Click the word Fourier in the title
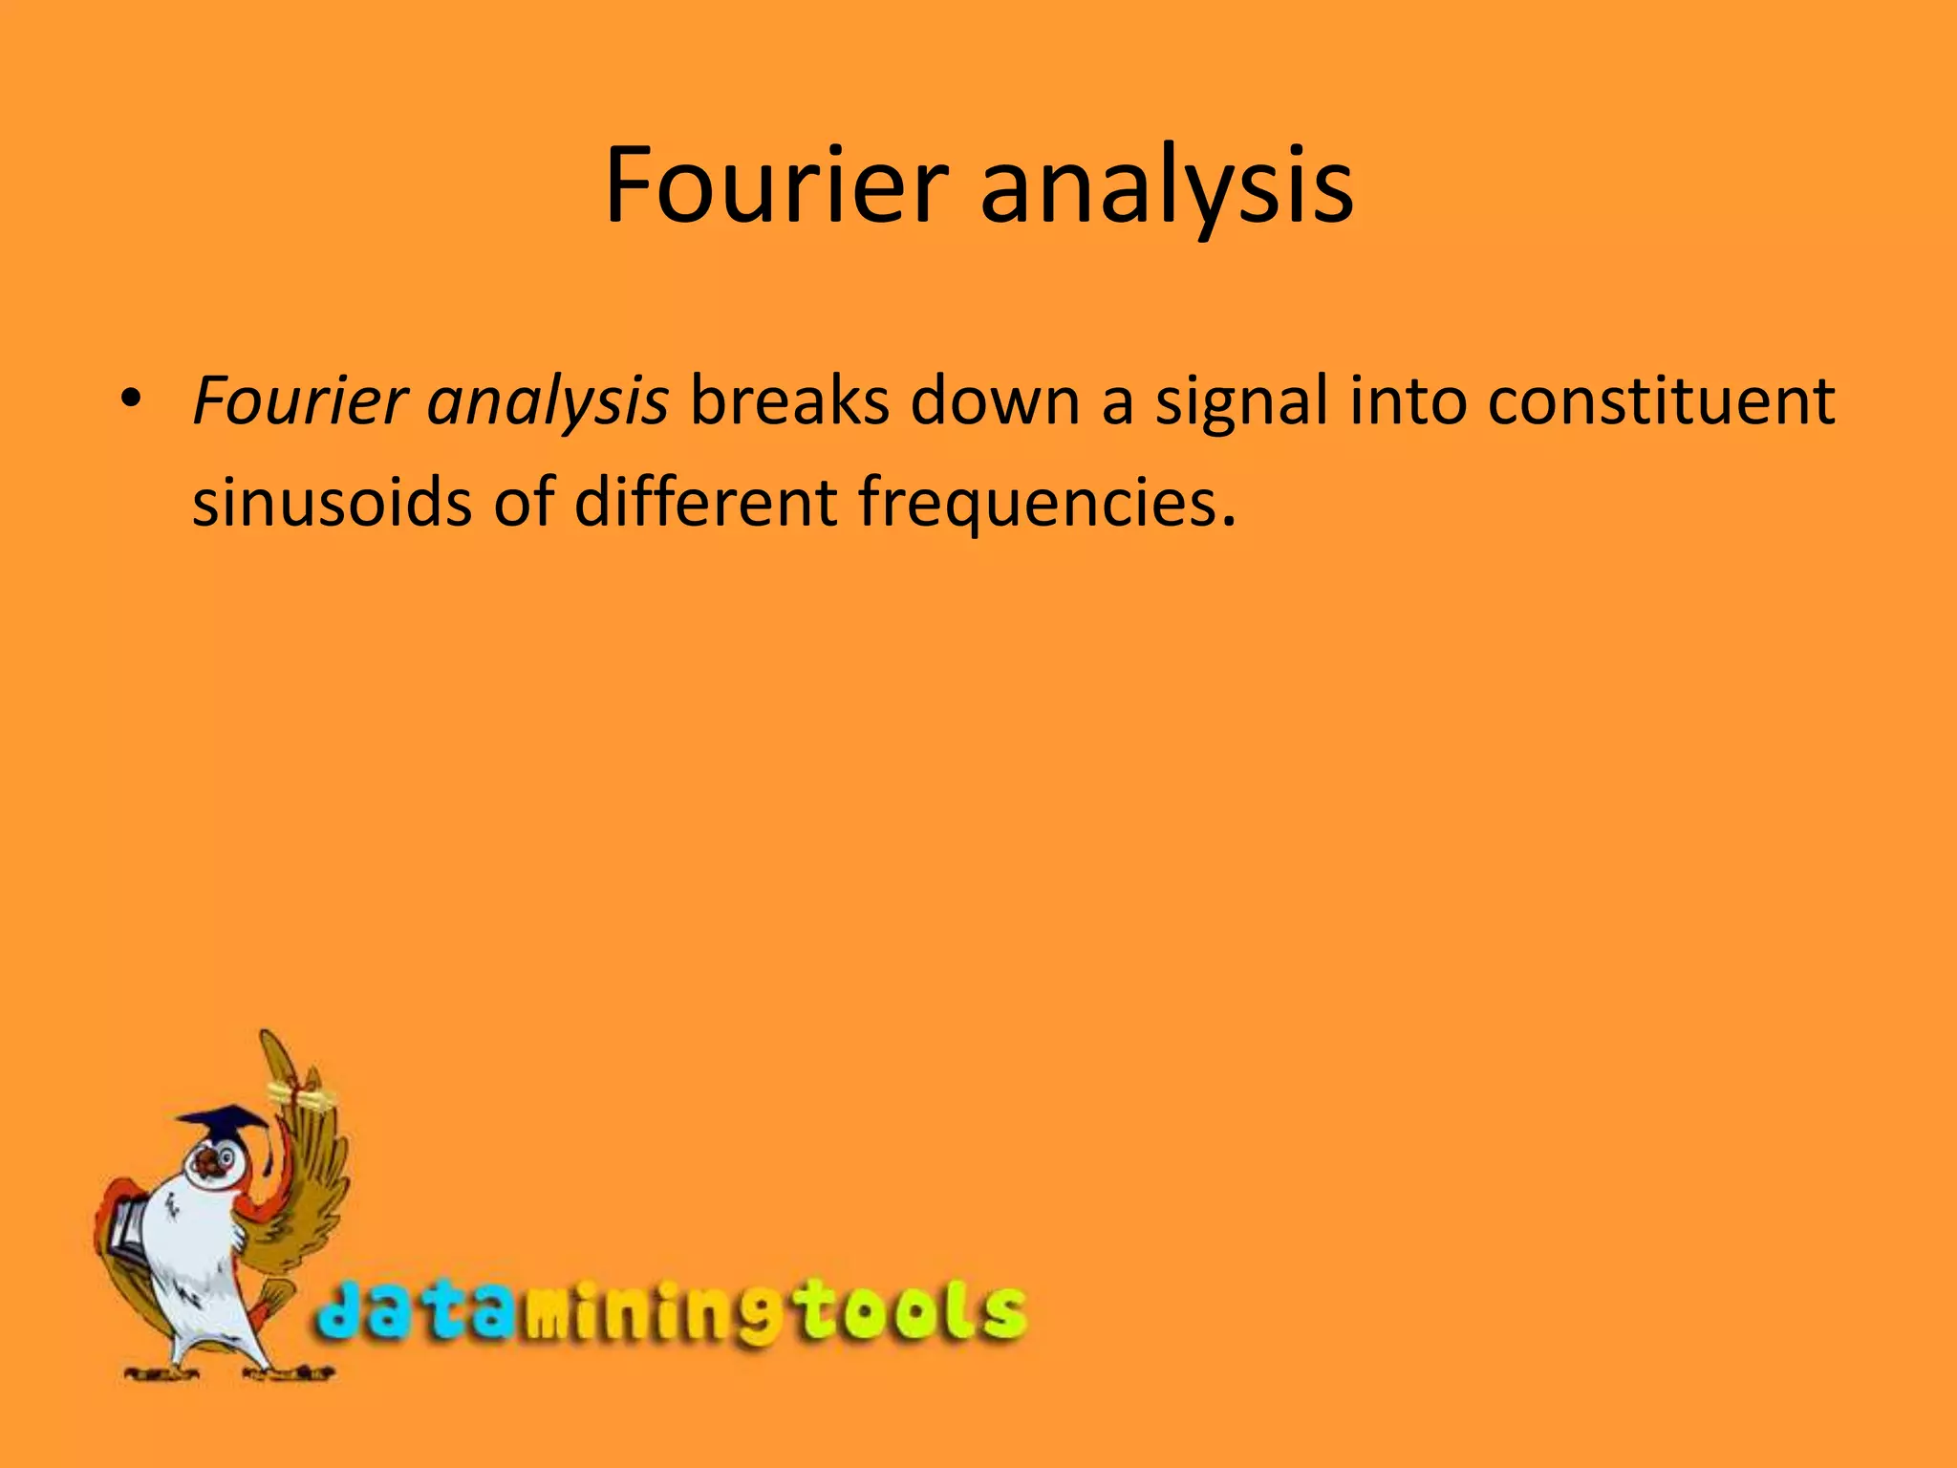pos(776,185)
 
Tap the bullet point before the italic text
pos(131,397)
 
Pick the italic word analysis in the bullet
pos(548,402)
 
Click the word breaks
pos(789,400)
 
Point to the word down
pos(994,400)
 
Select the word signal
pos(1242,402)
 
